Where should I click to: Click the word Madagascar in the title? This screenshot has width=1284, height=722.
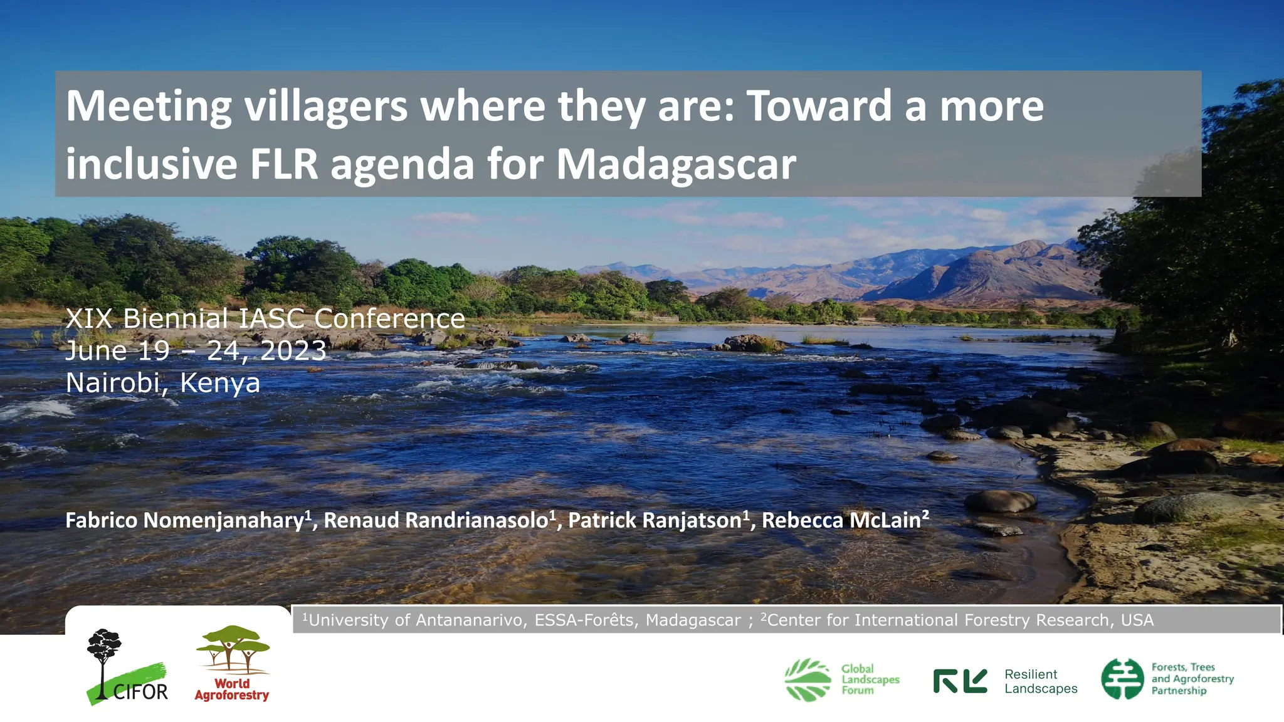tap(676, 164)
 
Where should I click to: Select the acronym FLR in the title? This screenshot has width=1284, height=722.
tap(284, 164)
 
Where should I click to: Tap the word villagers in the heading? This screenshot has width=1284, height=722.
tap(325, 107)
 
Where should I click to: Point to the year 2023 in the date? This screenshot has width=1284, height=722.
tap(293, 351)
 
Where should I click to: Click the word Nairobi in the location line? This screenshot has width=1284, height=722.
tap(113, 383)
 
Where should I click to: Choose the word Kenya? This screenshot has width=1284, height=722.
tap(219, 383)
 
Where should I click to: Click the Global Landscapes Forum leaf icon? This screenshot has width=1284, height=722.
tap(808, 679)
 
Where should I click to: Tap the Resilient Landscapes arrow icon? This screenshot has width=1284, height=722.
tap(960, 681)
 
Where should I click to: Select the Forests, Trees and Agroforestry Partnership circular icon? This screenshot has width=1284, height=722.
tap(1122, 679)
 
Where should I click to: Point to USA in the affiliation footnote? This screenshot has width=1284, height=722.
tap(1137, 620)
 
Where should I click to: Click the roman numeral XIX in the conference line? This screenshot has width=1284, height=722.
tap(89, 319)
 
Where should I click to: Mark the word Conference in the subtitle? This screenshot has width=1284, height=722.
tap(389, 319)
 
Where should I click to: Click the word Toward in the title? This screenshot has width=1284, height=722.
tap(819, 107)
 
